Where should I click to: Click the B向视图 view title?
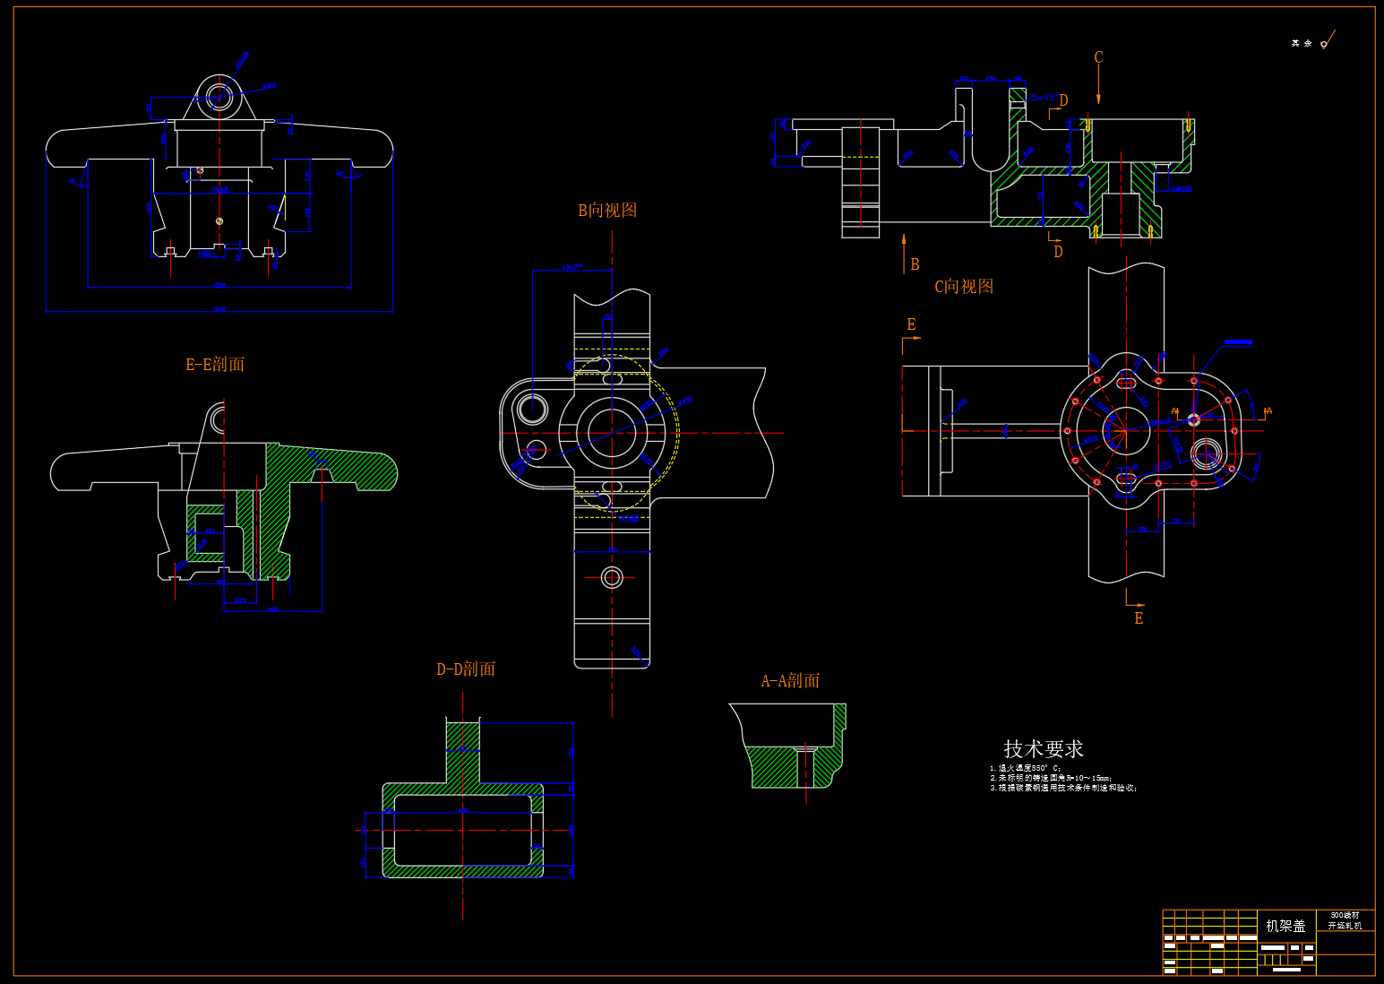(x=607, y=211)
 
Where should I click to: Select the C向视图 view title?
(x=964, y=287)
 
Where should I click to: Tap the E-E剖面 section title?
(x=215, y=365)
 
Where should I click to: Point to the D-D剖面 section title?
(x=466, y=669)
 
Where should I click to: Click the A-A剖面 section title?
(x=790, y=681)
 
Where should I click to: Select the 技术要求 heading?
(x=1043, y=748)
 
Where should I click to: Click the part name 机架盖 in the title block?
(x=1285, y=926)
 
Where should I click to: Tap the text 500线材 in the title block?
(x=1345, y=915)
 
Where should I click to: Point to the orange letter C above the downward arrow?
(x=1099, y=58)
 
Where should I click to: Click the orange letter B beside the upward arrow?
(x=915, y=264)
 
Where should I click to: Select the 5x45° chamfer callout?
(x=1043, y=97)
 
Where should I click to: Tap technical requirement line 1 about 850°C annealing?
(x=1026, y=768)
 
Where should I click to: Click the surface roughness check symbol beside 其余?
(x=1327, y=41)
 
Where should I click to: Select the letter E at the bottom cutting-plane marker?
(x=1139, y=618)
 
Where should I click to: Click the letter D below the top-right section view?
(x=1058, y=252)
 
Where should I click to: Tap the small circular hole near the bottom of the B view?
(x=612, y=576)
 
